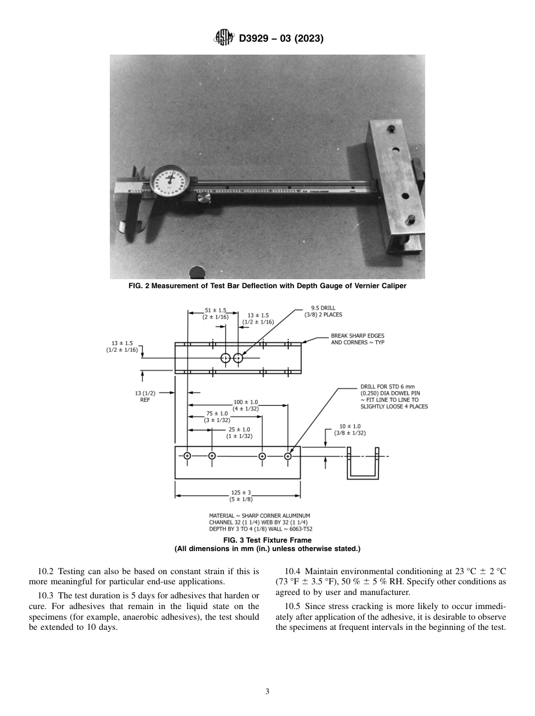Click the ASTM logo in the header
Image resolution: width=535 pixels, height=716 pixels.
click(224, 38)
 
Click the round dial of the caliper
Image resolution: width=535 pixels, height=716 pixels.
click(170, 182)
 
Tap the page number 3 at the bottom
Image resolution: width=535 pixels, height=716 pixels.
click(267, 691)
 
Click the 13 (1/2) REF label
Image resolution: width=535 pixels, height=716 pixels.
click(145, 396)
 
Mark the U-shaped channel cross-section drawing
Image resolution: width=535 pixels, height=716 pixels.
click(362, 463)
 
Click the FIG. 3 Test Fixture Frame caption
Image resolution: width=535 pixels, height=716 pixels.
click(267, 540)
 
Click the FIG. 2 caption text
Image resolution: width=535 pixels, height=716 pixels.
click(267, 285)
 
